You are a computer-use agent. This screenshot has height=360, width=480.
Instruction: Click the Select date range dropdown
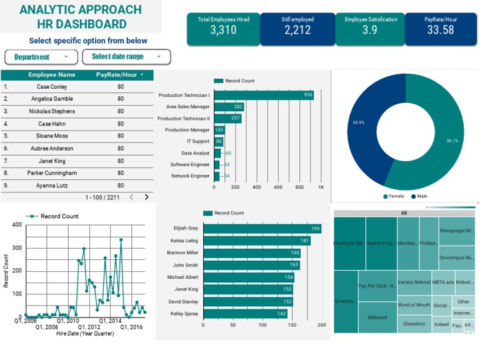126,57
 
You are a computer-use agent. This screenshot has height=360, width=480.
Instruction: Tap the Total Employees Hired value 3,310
223,29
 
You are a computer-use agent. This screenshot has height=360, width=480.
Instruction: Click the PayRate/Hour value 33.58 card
440,29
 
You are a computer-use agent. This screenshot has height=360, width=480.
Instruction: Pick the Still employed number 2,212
297,29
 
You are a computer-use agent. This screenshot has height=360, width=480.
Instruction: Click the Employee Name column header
52,75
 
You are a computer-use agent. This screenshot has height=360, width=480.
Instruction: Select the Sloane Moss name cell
52,136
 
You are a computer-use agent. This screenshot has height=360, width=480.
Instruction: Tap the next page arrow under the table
147,197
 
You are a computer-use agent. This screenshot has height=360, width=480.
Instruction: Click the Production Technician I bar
263,95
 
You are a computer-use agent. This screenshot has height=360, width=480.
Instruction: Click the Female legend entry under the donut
394,196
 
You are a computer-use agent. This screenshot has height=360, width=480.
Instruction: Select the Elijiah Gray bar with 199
262,229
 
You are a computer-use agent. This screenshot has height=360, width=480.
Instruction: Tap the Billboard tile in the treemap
377,317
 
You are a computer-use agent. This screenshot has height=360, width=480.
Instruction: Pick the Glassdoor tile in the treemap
414,324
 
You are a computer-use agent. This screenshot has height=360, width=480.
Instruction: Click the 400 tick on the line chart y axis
17,225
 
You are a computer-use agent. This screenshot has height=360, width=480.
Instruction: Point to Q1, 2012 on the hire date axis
89,327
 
